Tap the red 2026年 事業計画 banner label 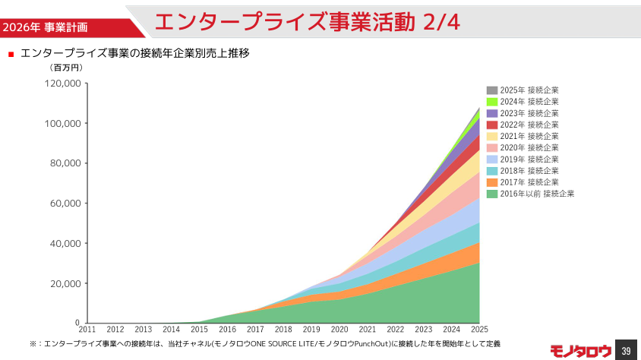pyautogui.click(x=45, y=27)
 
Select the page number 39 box pyautogui.click(x=626, y=350)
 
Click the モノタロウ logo pyautogui.click(x=580, y=350)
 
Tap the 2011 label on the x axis pyautogui.click(x=87, y=330)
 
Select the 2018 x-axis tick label pyautogui.click(x=283, y=330)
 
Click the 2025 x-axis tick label pyautogui.click(x=479, y=330)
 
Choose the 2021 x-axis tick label pyautogui.click(x=368, y=330)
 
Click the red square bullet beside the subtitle pyautogui.click(x=11, y=54)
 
